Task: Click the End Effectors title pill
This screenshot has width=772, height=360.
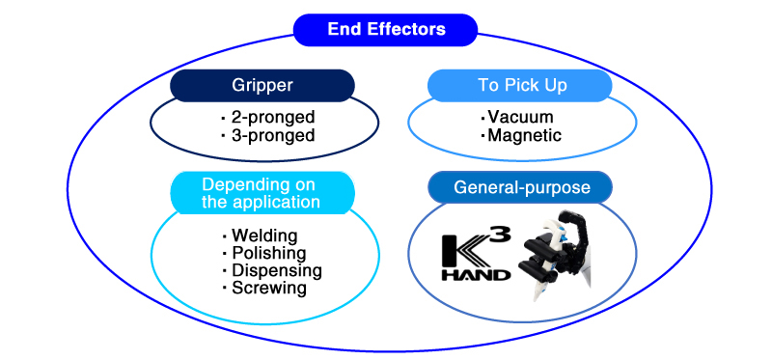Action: (x=386, y=29)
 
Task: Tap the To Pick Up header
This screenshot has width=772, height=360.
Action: (x=522, y=85)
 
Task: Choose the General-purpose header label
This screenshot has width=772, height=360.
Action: (x=522, y=187)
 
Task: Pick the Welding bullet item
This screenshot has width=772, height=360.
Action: (x=263, y=236)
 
